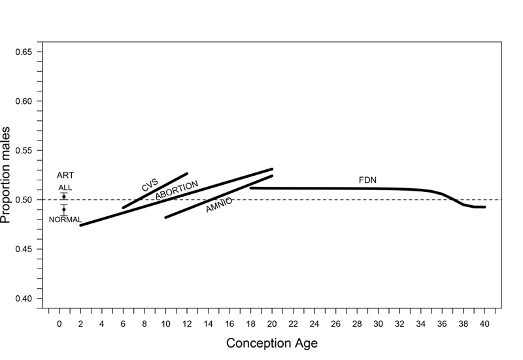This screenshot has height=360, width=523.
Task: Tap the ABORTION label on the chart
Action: (177, 190)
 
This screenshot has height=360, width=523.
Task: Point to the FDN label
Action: (367, 180)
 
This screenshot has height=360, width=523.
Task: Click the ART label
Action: (65, 176)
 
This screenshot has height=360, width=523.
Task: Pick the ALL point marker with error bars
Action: (64, 197)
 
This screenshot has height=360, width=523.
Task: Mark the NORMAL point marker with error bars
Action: (64, 210)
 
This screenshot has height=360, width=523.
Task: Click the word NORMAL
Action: (65, 220)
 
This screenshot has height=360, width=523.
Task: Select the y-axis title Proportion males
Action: (7, 175)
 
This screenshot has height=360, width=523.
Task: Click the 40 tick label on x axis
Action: (484, 323)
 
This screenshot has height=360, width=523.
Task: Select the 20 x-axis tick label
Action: (272, 323)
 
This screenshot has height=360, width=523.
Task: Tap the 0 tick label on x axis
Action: (59, 323)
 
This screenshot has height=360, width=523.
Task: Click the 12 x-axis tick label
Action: (187, 323)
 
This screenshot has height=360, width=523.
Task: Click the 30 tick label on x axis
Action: (378, 323)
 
